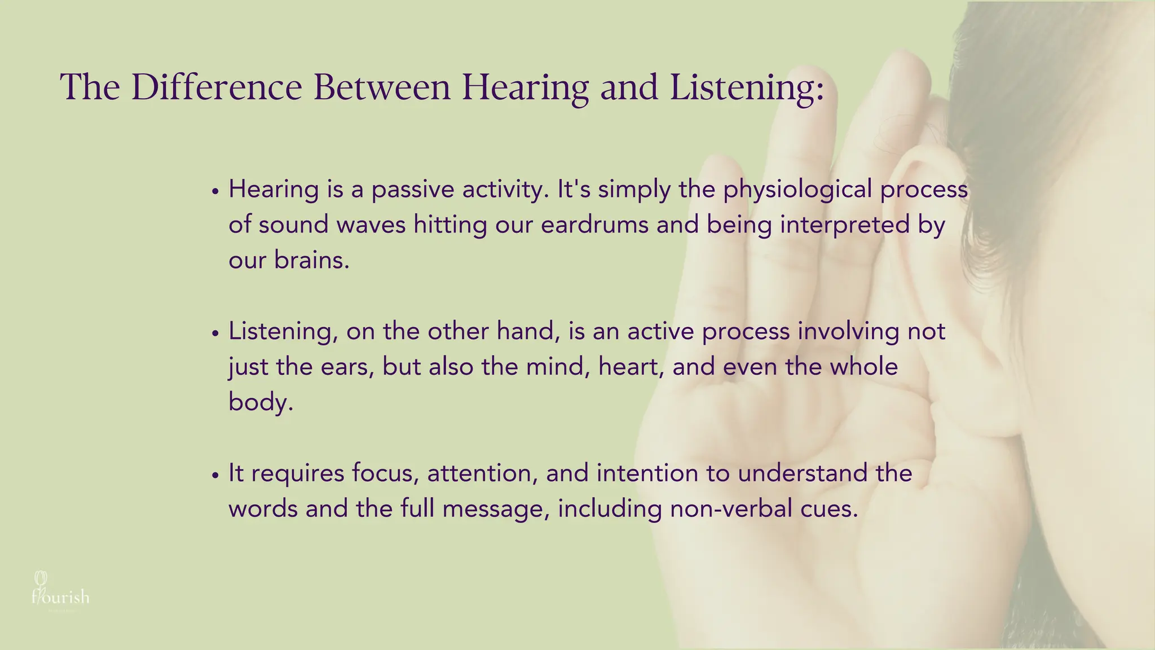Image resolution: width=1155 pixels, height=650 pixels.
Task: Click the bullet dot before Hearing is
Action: (215, 192)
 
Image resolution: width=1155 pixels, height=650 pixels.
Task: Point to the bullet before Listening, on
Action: (215, 333)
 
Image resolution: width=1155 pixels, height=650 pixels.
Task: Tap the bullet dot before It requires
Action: (215, 476)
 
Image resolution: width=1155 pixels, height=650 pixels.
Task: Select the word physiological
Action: (797, 190)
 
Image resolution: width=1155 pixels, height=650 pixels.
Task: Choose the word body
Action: (260, 403)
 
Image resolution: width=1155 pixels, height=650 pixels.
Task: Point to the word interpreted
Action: (845, 225)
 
